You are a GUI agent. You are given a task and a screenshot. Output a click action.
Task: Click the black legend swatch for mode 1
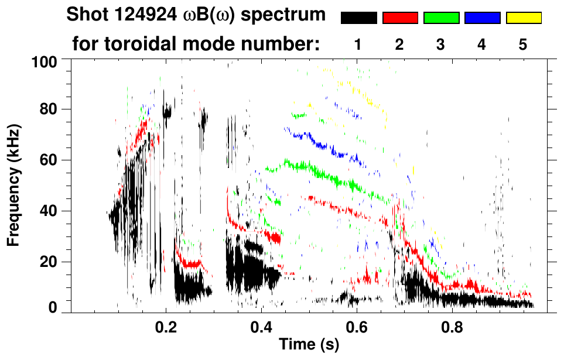coord(358,18)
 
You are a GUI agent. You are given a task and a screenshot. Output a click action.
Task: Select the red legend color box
coord(400,18)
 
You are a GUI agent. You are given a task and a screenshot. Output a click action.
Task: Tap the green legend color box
coord(441,18)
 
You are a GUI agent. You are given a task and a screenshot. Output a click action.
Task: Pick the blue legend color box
coord(482,18)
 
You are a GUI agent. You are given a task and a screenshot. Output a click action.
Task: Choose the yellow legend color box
coord(524,18)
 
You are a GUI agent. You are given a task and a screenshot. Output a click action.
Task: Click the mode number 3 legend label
coord(441,44)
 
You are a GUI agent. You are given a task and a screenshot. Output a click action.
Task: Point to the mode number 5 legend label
coord(524,44)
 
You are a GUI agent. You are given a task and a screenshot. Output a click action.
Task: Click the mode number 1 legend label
coord(358,44)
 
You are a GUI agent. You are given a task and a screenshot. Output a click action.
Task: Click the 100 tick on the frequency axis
coord(45,60)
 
